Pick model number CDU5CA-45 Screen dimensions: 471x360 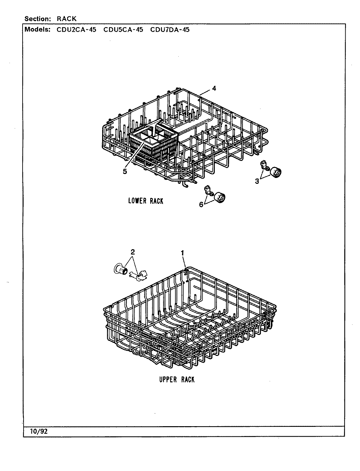point(123,30)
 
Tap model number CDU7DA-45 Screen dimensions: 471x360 point(170,30)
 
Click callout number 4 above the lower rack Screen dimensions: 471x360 point(214,88)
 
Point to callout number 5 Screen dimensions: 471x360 point(125,171)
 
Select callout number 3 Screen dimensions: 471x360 point(257,181)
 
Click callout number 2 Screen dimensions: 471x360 point(132,252)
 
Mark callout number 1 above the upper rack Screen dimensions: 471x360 point(182,253)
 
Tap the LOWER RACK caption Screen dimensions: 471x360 point(145,201)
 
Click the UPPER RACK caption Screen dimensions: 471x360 point(177,379)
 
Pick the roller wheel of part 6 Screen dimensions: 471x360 point(221,197)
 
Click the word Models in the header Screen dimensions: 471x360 point(37,30)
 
